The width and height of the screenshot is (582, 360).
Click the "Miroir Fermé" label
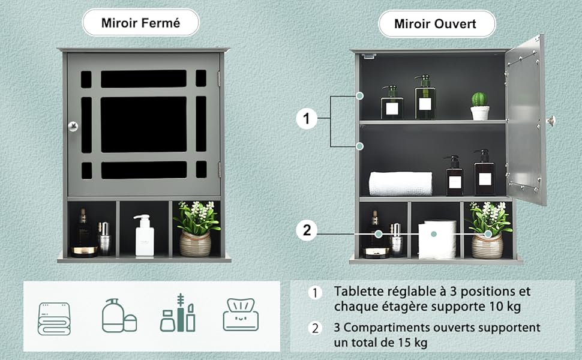(x=141, y=24)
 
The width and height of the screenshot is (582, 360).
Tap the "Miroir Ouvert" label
(x=436, y=24)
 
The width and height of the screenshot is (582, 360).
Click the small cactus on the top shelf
(x=479, y=106)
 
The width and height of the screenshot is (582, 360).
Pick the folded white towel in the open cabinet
(x=400, y=184)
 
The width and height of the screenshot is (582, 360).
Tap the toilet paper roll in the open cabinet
(x=438, y=239)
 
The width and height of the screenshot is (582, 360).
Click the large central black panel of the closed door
(x=143, y=124)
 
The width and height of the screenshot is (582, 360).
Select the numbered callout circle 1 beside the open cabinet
(x=307, y=119)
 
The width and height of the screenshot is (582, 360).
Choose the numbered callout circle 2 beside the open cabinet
(x=307, y=230)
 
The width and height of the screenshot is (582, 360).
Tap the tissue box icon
(x=241, y=315)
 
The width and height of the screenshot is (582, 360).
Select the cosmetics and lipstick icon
(x=178, y=313)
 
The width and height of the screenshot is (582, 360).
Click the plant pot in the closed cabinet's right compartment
(x=195, y=243)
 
